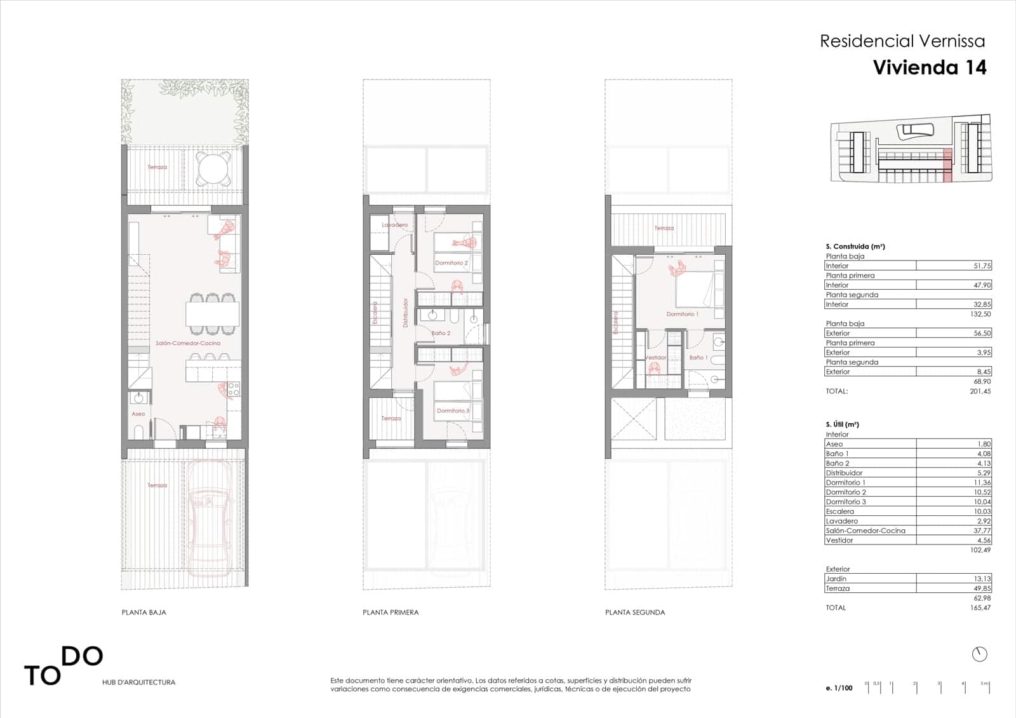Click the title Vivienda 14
coord(930,67)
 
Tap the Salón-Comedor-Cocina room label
coord(188,343)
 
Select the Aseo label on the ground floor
coord(138,414)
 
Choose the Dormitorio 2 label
coord(451,263)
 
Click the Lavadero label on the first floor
coord(394,225)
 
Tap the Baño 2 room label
coord(441,333)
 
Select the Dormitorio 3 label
coord(453,410)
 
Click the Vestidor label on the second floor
coord(655,358)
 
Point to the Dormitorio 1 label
coord(682,314)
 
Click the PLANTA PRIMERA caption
coord(391,613)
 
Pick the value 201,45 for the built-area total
coord(980,391)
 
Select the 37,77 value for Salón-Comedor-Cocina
coord(982,531)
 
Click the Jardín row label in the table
coord(836,579)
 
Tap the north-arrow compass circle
coord(980,654)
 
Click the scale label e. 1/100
coord(839,688)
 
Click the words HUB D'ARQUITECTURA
coord(138,682)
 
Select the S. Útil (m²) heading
coord(842,424)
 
